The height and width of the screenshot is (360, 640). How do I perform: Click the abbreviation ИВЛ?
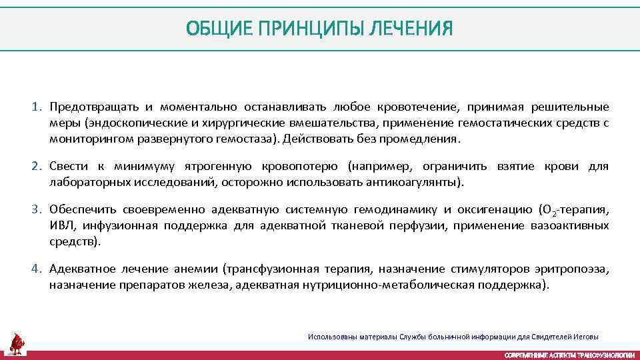[x=59, y=226]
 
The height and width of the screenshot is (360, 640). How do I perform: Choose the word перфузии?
[x=420, y=226]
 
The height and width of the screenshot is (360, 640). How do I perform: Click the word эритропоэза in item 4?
[x=574, y=269]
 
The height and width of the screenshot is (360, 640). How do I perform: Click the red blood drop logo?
[x=17, y=343]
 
